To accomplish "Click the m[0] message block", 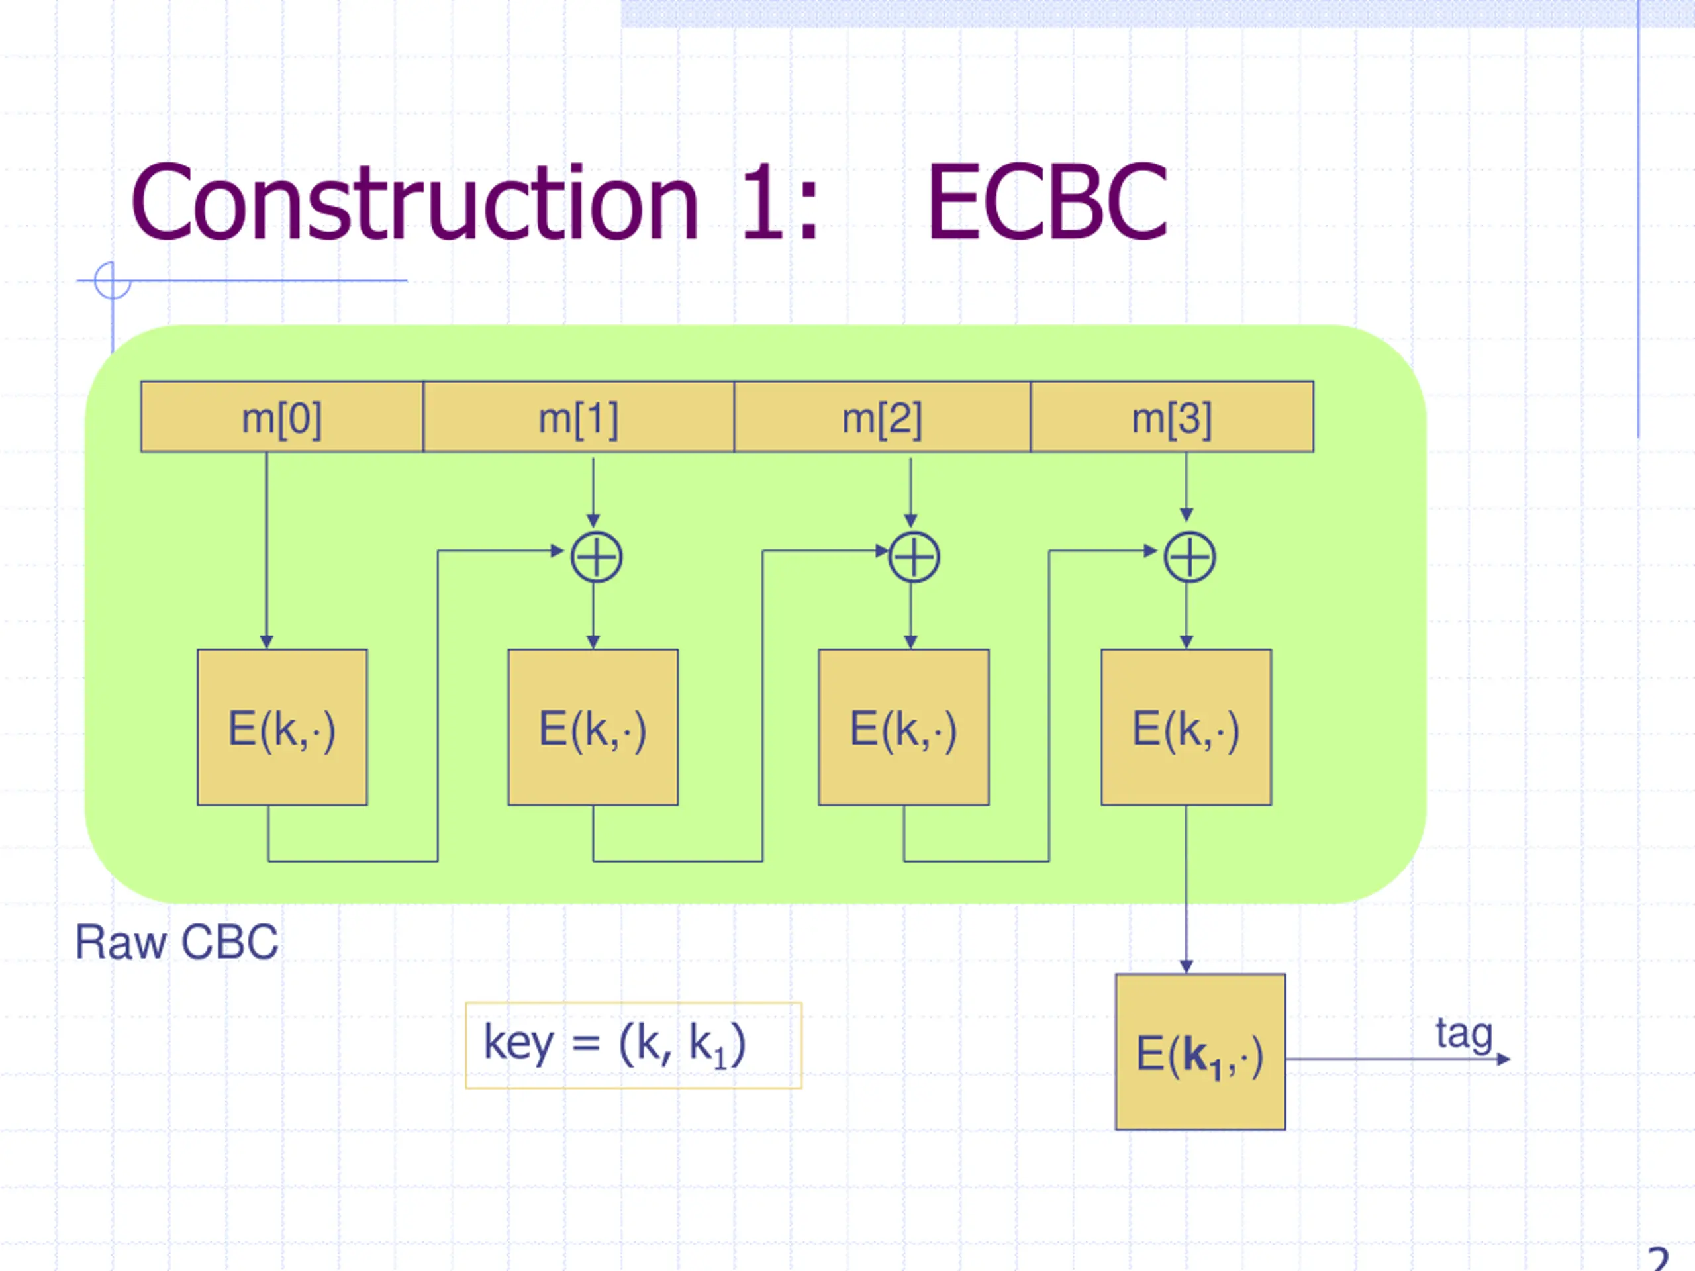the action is tap(282, 417).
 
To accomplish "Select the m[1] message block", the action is tap(579, 417).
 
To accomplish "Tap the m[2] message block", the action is tap(882, 417).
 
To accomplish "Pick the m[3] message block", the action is tap(1172, 417).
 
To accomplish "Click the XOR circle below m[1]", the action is tap(596, 532).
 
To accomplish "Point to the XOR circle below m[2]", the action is tap(914, 532).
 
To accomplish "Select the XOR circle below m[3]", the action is tap(1189, 532).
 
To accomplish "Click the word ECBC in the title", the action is tap(1047, 203).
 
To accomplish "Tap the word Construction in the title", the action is tap(414, 203).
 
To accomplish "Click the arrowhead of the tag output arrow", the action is tap(1504, 1059).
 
